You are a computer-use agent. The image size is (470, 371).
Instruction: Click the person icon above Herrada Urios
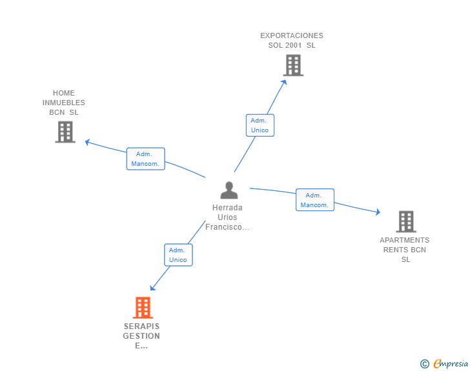[229, 190]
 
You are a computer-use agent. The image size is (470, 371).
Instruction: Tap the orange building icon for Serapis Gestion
[143, 308]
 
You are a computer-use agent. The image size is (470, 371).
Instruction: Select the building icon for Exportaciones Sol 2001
[293, 65]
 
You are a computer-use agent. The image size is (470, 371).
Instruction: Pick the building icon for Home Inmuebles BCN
[65, 132]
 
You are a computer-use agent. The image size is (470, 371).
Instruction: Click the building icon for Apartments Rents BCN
[405, 221]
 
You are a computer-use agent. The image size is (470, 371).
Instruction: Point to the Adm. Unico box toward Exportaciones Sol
[260, 125]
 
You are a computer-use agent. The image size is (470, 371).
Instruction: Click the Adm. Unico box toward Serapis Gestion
[178, 255]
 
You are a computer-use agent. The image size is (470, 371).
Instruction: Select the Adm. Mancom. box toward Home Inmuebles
[145, 159]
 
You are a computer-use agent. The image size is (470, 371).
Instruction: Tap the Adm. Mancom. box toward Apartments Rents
[314, 200]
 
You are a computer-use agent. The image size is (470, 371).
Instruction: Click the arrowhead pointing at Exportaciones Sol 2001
[285, 81]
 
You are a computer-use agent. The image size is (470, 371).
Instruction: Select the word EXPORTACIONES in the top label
[292, 35]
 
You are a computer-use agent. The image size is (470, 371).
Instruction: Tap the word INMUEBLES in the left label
[64, 103]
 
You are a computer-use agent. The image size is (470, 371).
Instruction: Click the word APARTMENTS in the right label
[405, 241]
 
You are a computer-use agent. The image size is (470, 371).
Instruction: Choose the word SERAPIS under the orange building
[141, 326]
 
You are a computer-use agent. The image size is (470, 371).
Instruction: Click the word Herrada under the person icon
[227, 208]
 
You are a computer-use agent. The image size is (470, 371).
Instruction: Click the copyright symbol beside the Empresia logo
[425, 364]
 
